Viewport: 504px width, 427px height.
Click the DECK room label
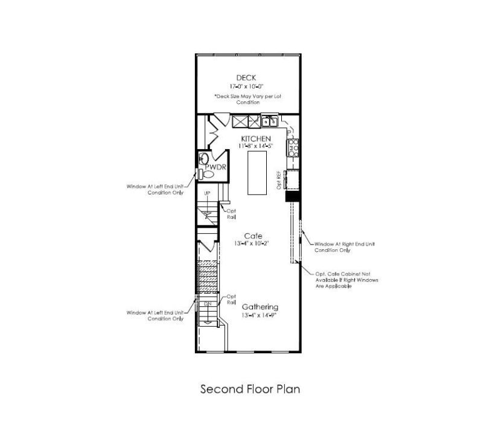(x=246, y=77)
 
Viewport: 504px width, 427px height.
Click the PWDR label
(x=215, y=167)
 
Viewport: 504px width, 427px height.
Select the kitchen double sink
(x=270, y=121)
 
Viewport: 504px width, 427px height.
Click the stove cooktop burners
(x=293, y=148)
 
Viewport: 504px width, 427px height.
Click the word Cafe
(x=253, y=236)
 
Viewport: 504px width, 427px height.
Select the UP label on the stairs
(x=207, y=193)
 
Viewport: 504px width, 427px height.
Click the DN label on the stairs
(x=207, y=303)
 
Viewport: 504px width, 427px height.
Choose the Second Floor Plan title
(x=250, y=389)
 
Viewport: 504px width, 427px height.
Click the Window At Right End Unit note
(x=345, y=246)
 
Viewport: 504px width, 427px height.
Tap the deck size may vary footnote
(x=248, y=99)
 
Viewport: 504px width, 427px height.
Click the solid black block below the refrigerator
(x=293, y=197)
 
